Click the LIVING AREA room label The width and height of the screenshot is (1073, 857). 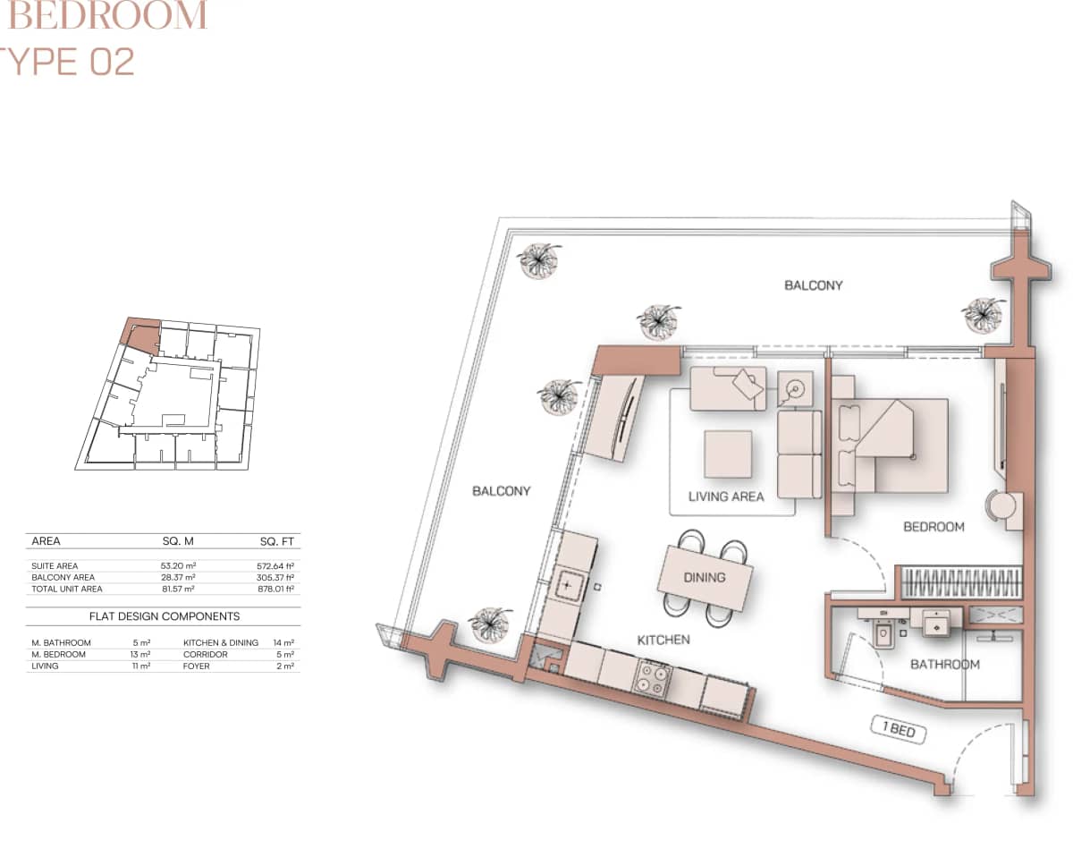coord(726,496)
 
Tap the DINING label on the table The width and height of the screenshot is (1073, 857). coord(705,577)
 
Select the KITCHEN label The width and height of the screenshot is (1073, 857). coord(663,640)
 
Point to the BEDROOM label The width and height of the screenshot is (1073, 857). coord(934,527)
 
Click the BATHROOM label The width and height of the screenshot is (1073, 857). coord(945,665)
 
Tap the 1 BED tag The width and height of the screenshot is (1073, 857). coord(899,731)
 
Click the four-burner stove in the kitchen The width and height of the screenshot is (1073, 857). coord(652,678)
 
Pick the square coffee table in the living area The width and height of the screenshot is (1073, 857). coord(728,454)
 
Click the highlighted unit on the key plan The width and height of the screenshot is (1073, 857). coord(141,335)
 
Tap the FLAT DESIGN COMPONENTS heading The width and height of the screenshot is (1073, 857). coord(164,616)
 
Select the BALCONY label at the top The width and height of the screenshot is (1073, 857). coord(813,285)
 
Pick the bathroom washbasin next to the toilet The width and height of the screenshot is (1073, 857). coord(935,624)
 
